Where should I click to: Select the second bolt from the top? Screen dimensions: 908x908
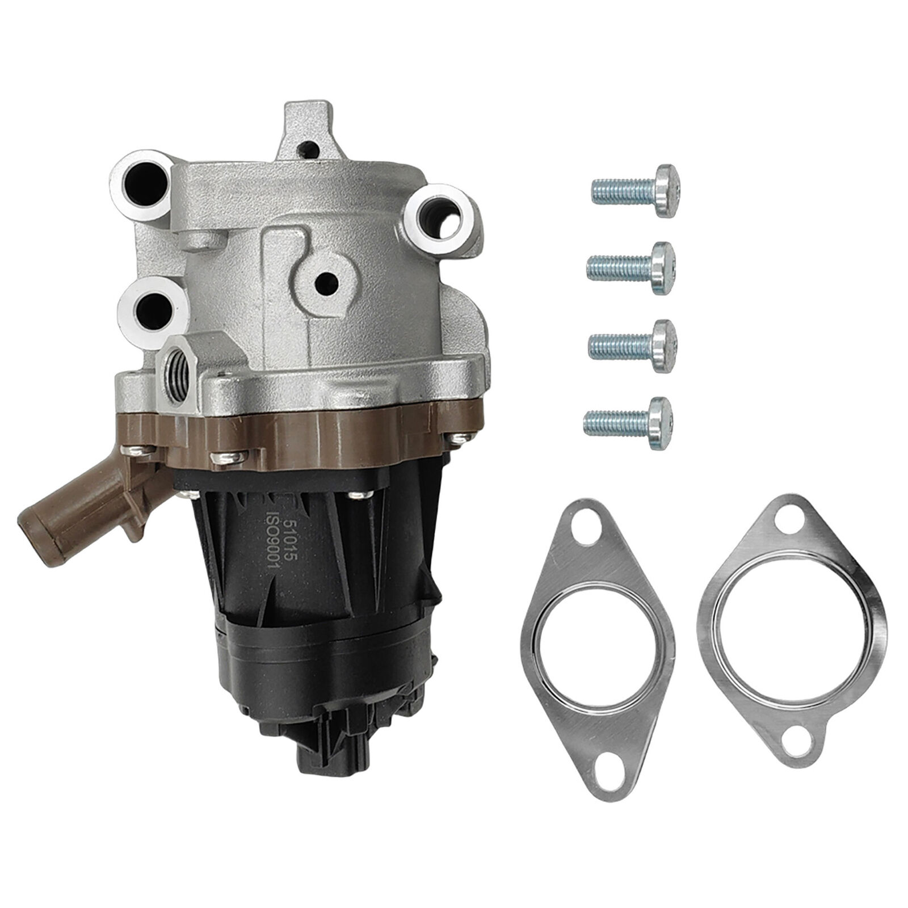(632, 268)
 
